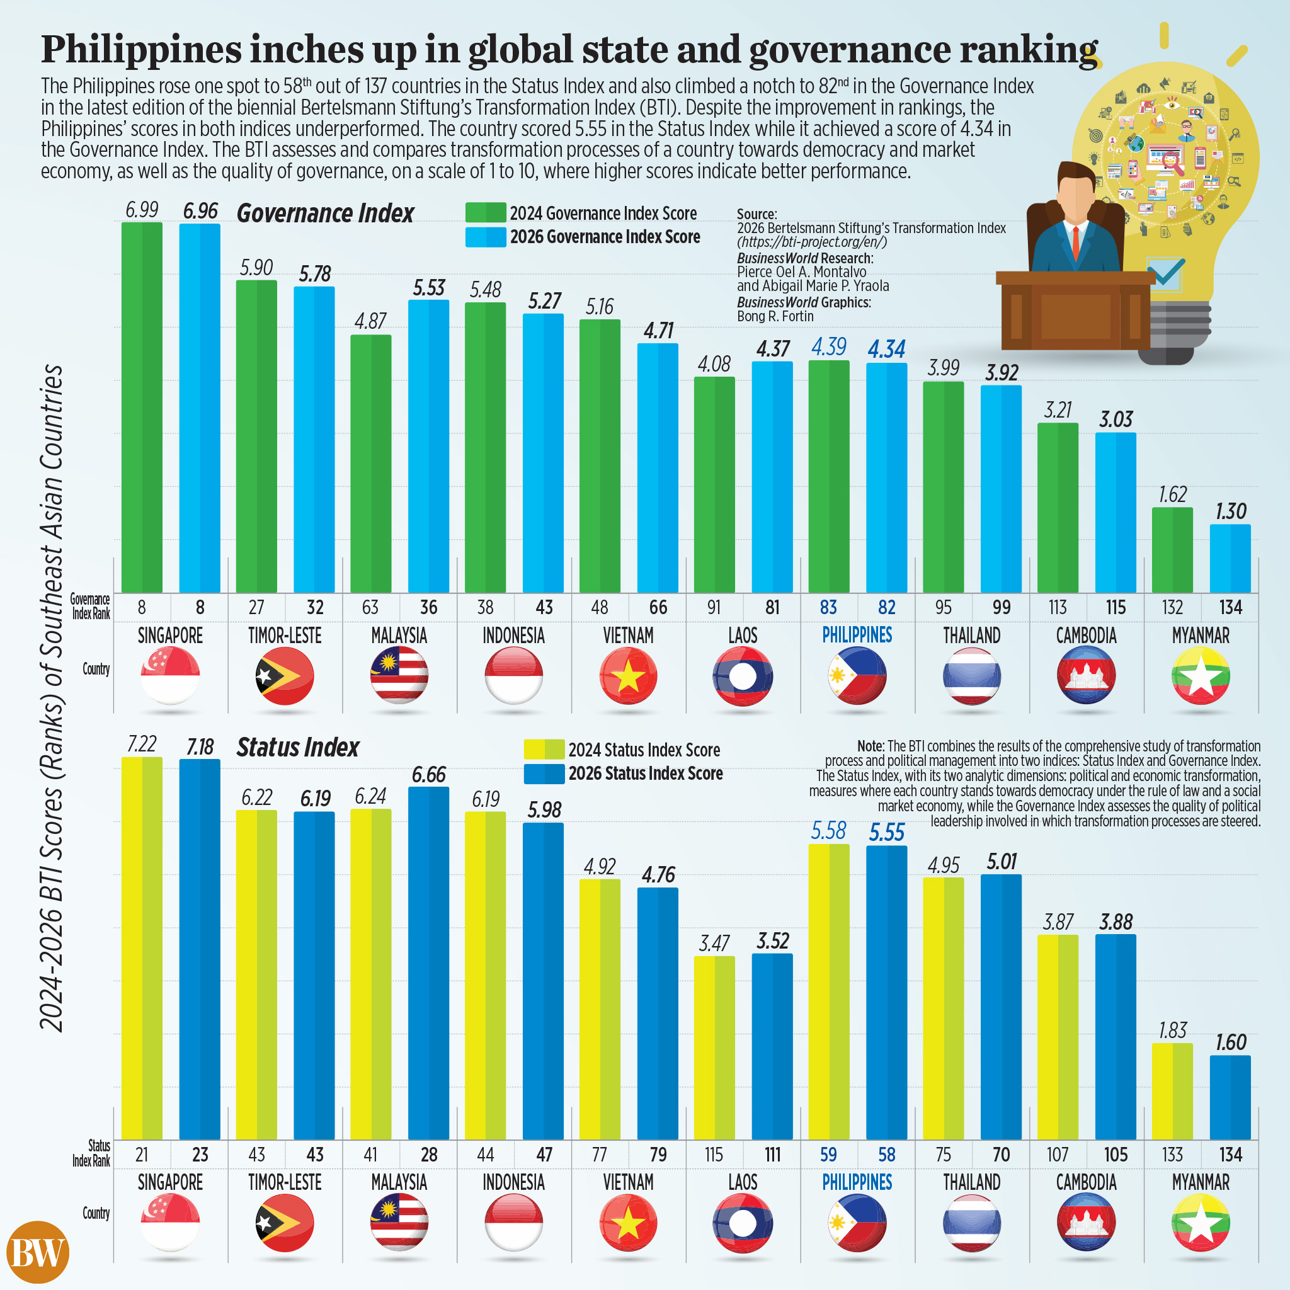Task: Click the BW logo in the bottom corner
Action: [x=37, y=1252]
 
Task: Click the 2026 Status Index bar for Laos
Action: [x=772, y=1046]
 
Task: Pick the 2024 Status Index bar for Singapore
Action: [x=142, y=948]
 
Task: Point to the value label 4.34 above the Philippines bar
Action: [x=886, y=349]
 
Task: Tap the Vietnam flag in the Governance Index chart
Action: [x=628, y=676]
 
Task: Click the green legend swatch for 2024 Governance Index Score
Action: [x=486, y=213]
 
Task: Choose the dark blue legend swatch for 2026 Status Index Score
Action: [x=544, y=773]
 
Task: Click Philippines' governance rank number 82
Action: [x=886, y=608]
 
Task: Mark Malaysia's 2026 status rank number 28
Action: [x=429, y=1155]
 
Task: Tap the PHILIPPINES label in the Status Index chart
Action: [x=857, y=1182]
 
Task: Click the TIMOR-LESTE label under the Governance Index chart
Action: [x=285, y=635]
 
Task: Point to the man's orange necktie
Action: [x=1076, y=244]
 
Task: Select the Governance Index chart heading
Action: [x=325, y=214]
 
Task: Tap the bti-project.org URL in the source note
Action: [x=812, y=242]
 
